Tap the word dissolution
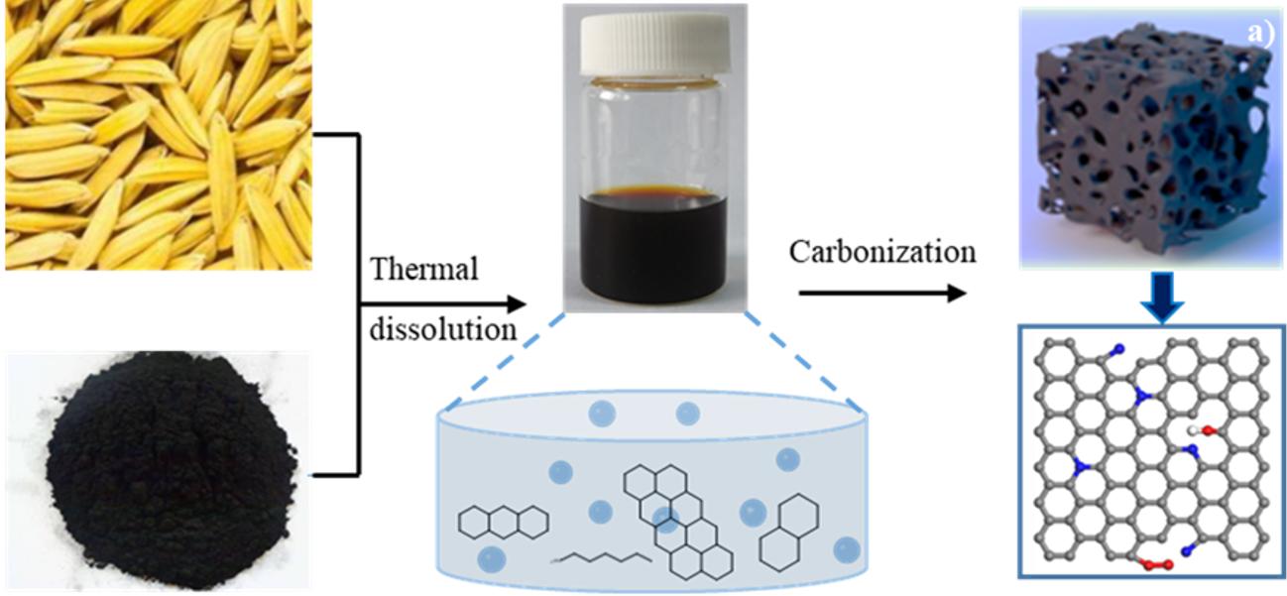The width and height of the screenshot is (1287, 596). tap(442, 329)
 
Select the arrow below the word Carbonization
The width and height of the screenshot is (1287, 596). tap(881, 293)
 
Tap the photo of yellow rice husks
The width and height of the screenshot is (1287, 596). tap(159, 134)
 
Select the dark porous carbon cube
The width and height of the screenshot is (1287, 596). tap(1150, 139)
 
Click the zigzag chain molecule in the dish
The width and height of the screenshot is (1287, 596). tap(601, 558)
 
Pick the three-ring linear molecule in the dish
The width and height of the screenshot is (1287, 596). tap(504, 523)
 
